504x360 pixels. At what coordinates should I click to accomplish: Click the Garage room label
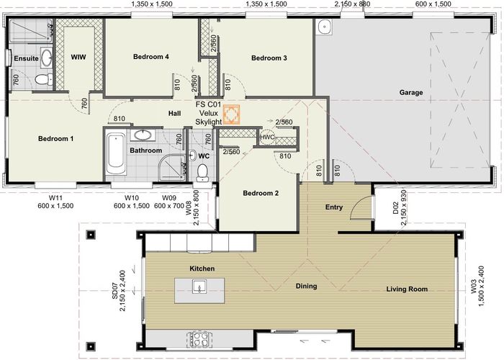tap(411, 93)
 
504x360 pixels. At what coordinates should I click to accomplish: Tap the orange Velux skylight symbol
tap(231, 114)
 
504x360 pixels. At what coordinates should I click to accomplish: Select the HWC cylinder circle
tap(267, 138)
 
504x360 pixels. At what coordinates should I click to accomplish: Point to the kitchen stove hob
tap(199, 338)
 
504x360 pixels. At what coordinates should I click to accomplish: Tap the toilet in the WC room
tap(202, 173)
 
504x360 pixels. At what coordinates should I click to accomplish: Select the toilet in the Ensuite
tap(43, 78)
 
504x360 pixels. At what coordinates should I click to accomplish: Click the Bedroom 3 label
tap(269, 58)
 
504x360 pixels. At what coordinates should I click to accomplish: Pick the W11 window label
tap(55, 197)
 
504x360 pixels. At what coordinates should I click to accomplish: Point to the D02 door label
tap(395, 208)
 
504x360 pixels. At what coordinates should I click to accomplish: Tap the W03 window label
tap(474, 287)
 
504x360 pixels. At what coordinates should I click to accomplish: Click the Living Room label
tap(407, 289)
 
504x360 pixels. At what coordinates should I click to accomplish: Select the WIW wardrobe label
tap(78, 57)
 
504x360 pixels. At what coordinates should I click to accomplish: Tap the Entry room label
tap(334, 207)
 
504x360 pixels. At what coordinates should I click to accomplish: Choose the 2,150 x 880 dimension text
tap(352, 4)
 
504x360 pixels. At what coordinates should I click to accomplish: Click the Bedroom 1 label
tap(55, 139)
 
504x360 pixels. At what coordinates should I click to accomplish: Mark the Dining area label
tap(306, 287)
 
